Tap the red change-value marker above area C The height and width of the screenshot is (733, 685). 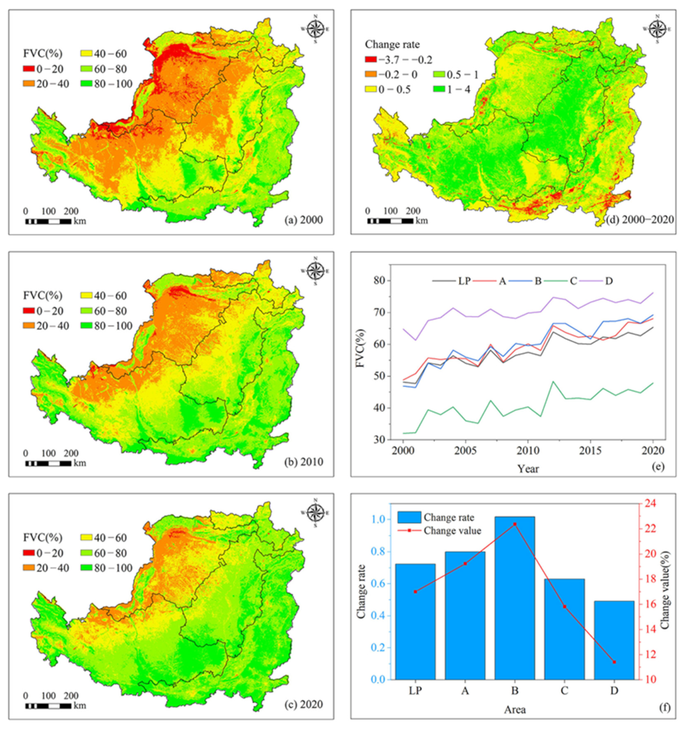pyautogui.click(x=564, y=606)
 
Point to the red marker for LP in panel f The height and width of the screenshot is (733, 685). pyautogui.click(x=415, y=591)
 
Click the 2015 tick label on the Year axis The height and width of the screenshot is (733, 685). pyautogui.click(x=590, y=451)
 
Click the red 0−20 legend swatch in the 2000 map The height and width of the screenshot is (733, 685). pyautogui.click(x=28, y=69)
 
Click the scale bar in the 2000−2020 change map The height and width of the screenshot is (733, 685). pyautogui.click(x=390, y=221)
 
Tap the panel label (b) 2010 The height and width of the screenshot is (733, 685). pyautogui.click(x=304, y=461)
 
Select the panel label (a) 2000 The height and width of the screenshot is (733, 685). pyautogui.click(x=304, y=220)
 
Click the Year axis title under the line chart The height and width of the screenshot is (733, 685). pyautogui.click(x=528, y=469)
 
